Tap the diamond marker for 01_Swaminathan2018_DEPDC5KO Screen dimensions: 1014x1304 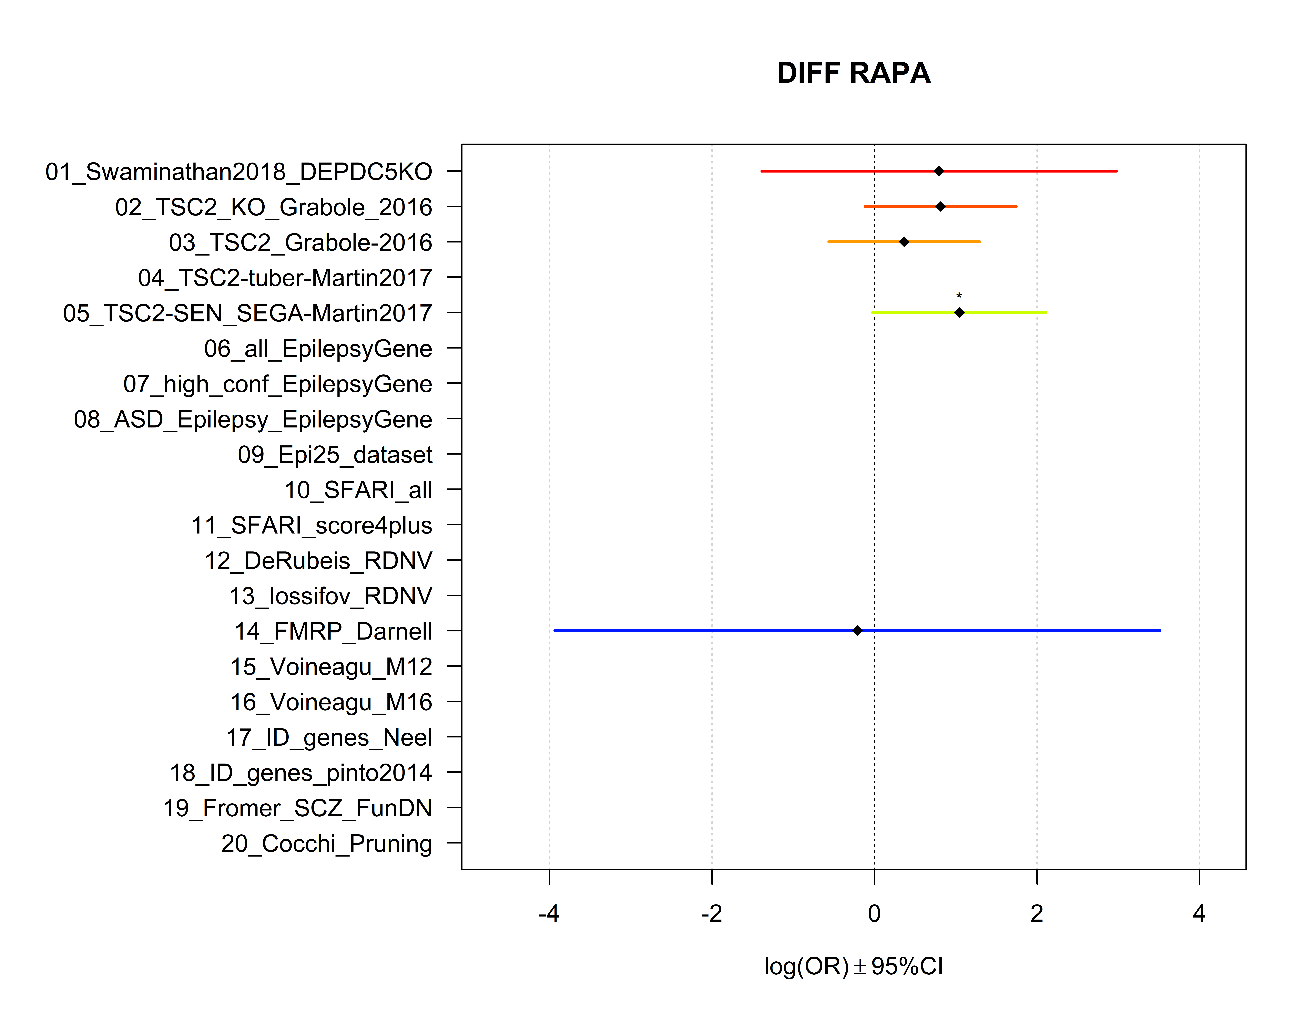pyautogui.click(x=939, y=171)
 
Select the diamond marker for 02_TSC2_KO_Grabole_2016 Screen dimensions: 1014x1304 pyautogui.click(x=940, y=207)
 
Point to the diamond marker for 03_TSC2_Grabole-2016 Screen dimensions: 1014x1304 pyautogui.click(x=904, y=242)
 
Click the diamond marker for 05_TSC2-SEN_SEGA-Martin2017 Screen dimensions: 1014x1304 pyautogui.click(x=959, y=312)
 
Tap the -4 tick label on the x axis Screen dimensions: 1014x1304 pyautogui.click(x=549, y=914)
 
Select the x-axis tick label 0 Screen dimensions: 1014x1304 pyautogui.click(x=874, y=914)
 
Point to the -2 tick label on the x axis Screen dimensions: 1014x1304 pyautogui.click(x=711, y=914)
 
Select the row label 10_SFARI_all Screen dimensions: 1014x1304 pyautogui.click(x=358, y=490)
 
